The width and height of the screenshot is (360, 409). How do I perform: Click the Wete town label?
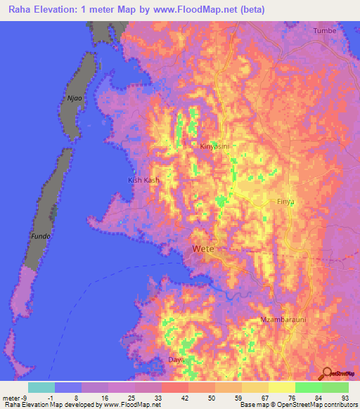(x=203, y=249)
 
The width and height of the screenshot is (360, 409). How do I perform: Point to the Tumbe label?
(x=325, y=31)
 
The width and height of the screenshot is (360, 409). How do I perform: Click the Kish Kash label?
(x=143, y=181)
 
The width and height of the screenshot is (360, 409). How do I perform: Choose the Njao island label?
(x=75, y=99)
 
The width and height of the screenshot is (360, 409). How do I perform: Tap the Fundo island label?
(x=39, y=237)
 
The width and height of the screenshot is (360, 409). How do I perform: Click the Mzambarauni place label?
(x=283, y=320)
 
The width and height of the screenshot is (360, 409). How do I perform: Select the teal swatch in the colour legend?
(x=41, y=387)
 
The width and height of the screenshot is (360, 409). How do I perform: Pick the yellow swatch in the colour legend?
(x=282, y=387)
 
